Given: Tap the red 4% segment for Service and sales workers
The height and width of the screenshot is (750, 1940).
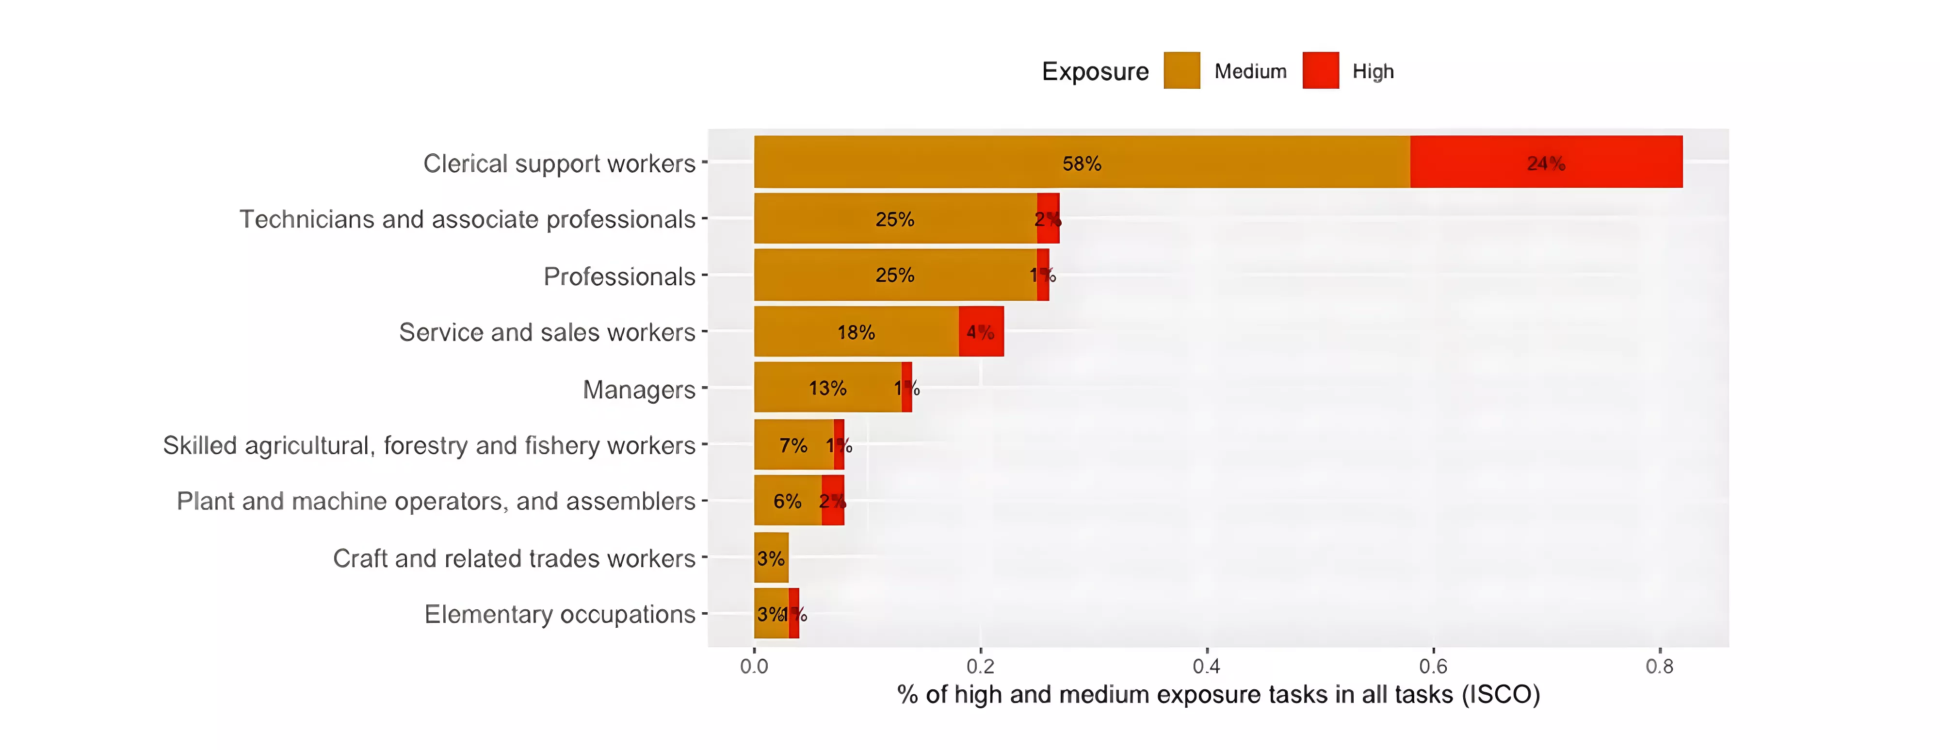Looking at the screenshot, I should click(981, 331).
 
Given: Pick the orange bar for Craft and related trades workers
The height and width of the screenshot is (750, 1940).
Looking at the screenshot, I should click(771, 558).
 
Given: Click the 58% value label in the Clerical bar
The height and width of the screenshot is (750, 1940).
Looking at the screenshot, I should click(1082, 163).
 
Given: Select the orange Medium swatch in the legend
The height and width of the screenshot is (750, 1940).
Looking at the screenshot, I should click(1181, 71).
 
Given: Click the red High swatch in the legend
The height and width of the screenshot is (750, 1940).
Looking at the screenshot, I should click(1320, 71).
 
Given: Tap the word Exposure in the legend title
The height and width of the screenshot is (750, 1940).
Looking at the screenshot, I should click(1095, 71).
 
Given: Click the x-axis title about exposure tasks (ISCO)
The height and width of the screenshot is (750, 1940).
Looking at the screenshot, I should click(1218, 694).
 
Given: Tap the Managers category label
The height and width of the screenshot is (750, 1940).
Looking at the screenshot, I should click(639, 389).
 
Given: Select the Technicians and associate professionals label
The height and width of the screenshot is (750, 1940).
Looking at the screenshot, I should click(467, 219).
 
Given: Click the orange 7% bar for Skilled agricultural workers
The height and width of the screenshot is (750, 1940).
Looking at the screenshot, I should click(793, 445).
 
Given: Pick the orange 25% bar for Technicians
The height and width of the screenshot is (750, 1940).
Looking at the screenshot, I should click(895, 219).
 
